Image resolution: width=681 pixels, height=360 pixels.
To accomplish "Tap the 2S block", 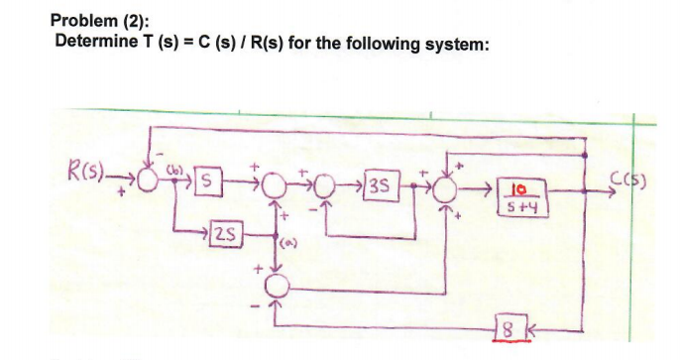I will pyautogui.click(x=226, y=233).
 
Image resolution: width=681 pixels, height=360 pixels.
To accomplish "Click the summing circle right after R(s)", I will pyautogui.click(x=152, y=181).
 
